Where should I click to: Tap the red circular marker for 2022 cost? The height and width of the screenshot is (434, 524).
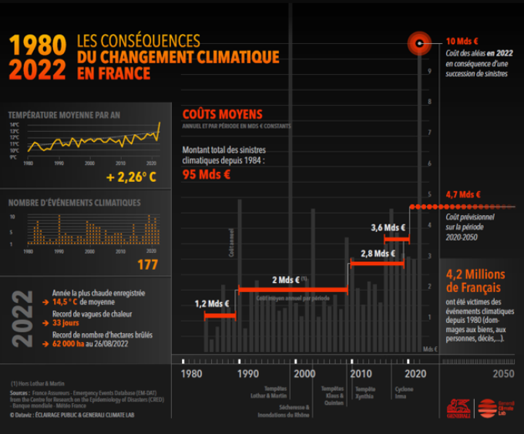coord(419,43)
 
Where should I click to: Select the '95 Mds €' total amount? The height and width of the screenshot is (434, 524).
coord(207,174)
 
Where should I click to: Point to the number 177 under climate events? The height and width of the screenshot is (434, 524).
coord(146,265)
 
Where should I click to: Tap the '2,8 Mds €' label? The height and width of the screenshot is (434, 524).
coord(378,253)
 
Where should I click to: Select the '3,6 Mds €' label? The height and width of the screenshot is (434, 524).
coord(388,227)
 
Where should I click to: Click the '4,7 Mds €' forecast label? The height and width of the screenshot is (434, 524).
coord(463,195)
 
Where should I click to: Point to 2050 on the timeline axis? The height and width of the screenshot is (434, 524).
coord(502,374)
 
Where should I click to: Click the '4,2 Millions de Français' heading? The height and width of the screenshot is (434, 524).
coord(475,281)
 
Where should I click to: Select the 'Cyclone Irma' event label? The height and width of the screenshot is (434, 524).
coord(405,392)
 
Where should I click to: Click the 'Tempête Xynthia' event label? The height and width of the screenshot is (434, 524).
coord(365,392)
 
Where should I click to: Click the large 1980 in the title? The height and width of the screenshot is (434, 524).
coord(37,45)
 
